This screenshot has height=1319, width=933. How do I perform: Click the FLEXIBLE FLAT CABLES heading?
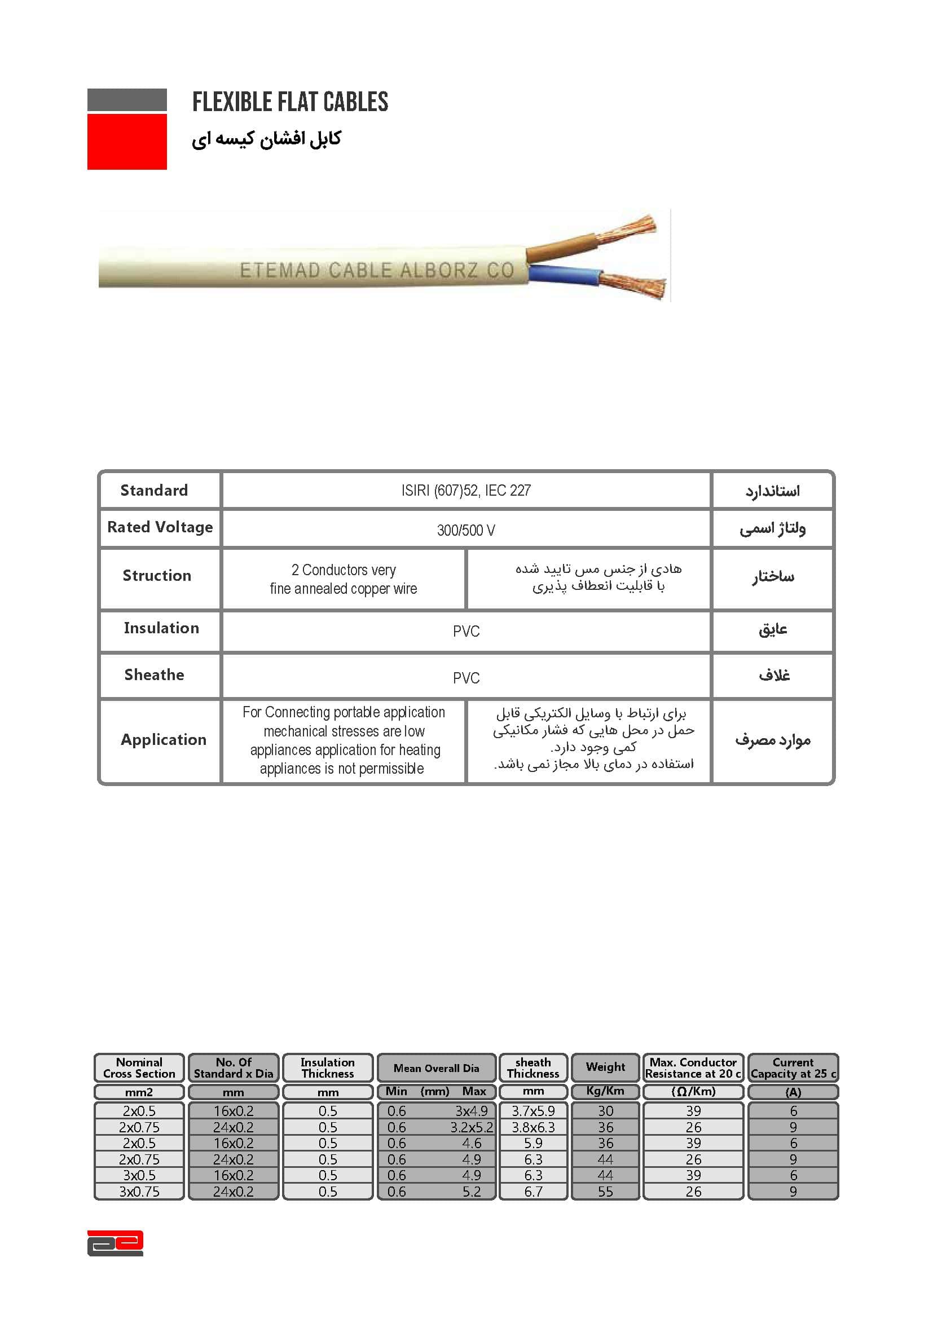click(290, 102)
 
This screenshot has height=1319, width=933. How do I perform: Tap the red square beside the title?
click(127, 142)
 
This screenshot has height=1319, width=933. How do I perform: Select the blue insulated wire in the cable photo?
click(563, 275)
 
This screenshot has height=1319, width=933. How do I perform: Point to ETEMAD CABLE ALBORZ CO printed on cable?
click(376, 270)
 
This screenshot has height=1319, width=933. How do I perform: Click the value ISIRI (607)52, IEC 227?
click(465, 491)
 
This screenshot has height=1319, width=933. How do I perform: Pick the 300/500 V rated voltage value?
click(465, 530)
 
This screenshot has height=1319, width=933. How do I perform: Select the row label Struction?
click(157, 576)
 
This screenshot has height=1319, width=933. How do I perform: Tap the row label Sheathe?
click(154, 675)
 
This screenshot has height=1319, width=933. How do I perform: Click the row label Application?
click(163, 740)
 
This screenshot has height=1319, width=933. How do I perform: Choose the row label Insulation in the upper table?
click(161, 628)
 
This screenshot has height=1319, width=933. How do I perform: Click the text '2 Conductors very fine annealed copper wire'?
click(344, 579)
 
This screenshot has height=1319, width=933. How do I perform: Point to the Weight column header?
click(605, 1067)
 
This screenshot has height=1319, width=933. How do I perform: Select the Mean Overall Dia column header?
click(436, 1069)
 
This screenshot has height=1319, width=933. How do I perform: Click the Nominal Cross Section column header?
click(139, 1068)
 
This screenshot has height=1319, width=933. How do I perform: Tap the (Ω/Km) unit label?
click(693, 1092)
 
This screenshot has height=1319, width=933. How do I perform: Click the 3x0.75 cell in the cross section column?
click(139, 1192)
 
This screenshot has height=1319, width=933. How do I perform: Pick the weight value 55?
click(605, 1192)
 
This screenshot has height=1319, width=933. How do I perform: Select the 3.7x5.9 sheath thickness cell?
click(533, 1111)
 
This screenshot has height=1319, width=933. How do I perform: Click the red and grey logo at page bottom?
click(115, 1243)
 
